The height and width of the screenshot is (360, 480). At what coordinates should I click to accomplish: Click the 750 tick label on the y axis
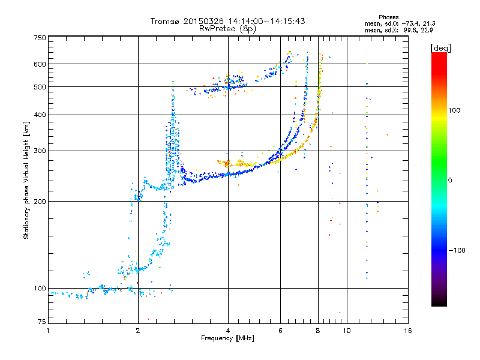(x=40, y=38)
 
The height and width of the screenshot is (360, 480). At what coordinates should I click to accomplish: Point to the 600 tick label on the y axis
(x=40, y=64)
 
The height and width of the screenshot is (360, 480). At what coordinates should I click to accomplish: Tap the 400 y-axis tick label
(x=40, y=115)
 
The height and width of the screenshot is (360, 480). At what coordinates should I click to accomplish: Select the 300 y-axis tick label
(x=40, y=151)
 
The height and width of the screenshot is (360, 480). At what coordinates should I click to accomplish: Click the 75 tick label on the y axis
(x=41, y=322)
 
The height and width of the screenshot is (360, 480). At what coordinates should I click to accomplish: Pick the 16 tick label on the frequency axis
(x=407, y=331)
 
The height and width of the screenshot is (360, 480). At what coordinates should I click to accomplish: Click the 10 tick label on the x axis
(x=346, y=331)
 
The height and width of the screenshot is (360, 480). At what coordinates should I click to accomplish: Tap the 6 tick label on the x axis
(x=280, y=331)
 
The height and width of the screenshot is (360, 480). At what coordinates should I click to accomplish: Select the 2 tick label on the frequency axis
(x=138, y=331)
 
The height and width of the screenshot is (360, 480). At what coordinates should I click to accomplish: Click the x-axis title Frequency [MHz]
(x=227, y=338)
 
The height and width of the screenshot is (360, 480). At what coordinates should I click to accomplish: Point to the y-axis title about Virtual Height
(x=26, y=179)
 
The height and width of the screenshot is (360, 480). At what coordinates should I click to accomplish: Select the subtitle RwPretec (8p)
(x=227, y=28)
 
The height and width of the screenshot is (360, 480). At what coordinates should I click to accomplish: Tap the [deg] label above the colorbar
(x=441, y=47)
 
